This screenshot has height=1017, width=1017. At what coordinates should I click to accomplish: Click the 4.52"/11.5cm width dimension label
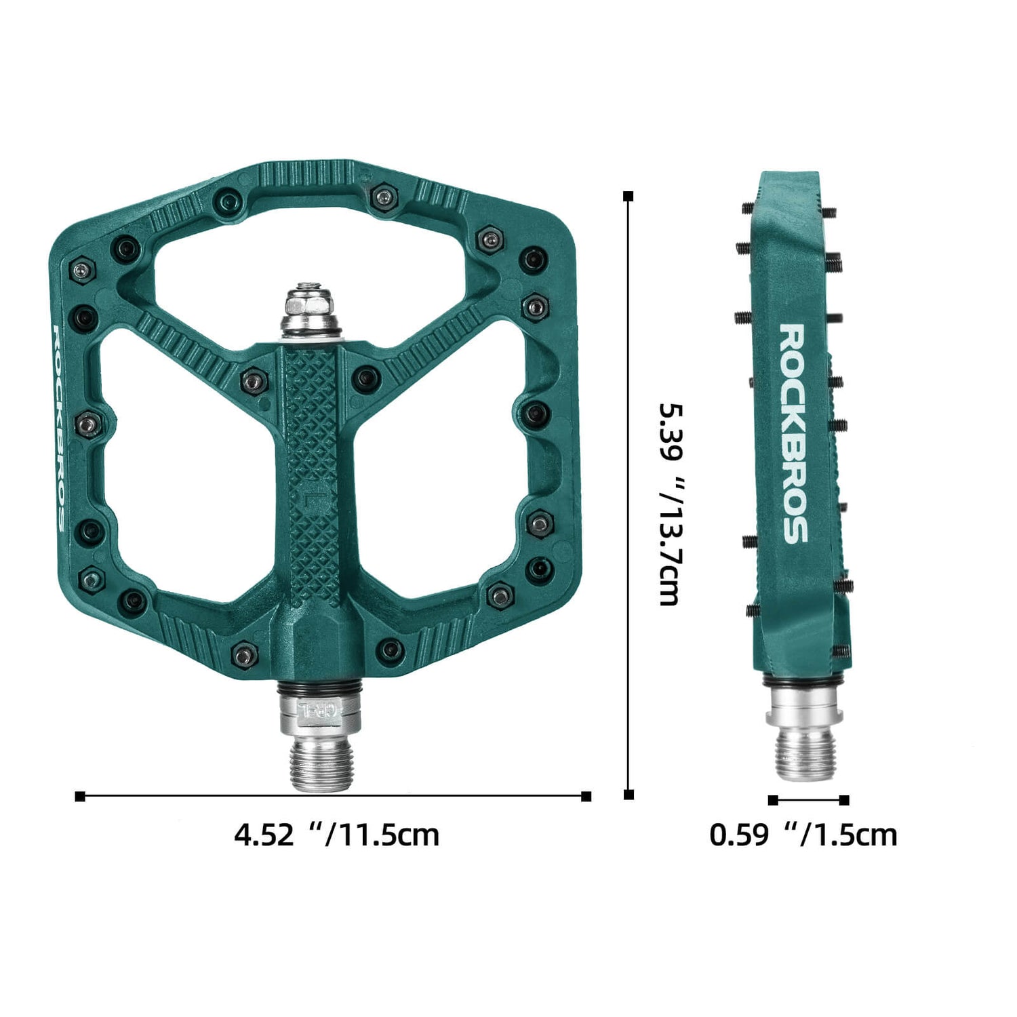[337, 835]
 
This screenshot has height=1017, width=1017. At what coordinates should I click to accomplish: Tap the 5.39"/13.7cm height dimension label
[671, 504]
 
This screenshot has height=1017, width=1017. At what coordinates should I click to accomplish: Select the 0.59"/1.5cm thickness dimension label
[803, 835]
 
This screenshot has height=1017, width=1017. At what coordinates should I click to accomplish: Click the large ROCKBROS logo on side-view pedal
[793, 434]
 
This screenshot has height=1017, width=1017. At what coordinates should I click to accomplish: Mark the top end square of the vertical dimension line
[629, 197]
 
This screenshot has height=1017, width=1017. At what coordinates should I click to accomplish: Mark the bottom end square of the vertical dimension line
[629, 795]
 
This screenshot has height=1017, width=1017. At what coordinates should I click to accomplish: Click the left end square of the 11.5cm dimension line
[80, 796]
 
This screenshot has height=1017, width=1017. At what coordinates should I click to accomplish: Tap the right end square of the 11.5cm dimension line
[586, 796]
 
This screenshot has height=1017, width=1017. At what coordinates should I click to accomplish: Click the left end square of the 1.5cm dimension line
[773, 800]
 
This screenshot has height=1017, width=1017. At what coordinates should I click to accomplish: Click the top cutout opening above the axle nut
[312, 251]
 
